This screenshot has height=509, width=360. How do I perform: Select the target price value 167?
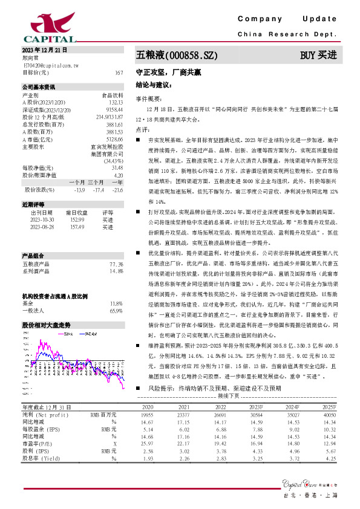coord(119,72)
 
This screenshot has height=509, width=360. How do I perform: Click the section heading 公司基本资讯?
coord(38,88)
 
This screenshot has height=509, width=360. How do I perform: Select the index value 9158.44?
coord(114,109)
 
